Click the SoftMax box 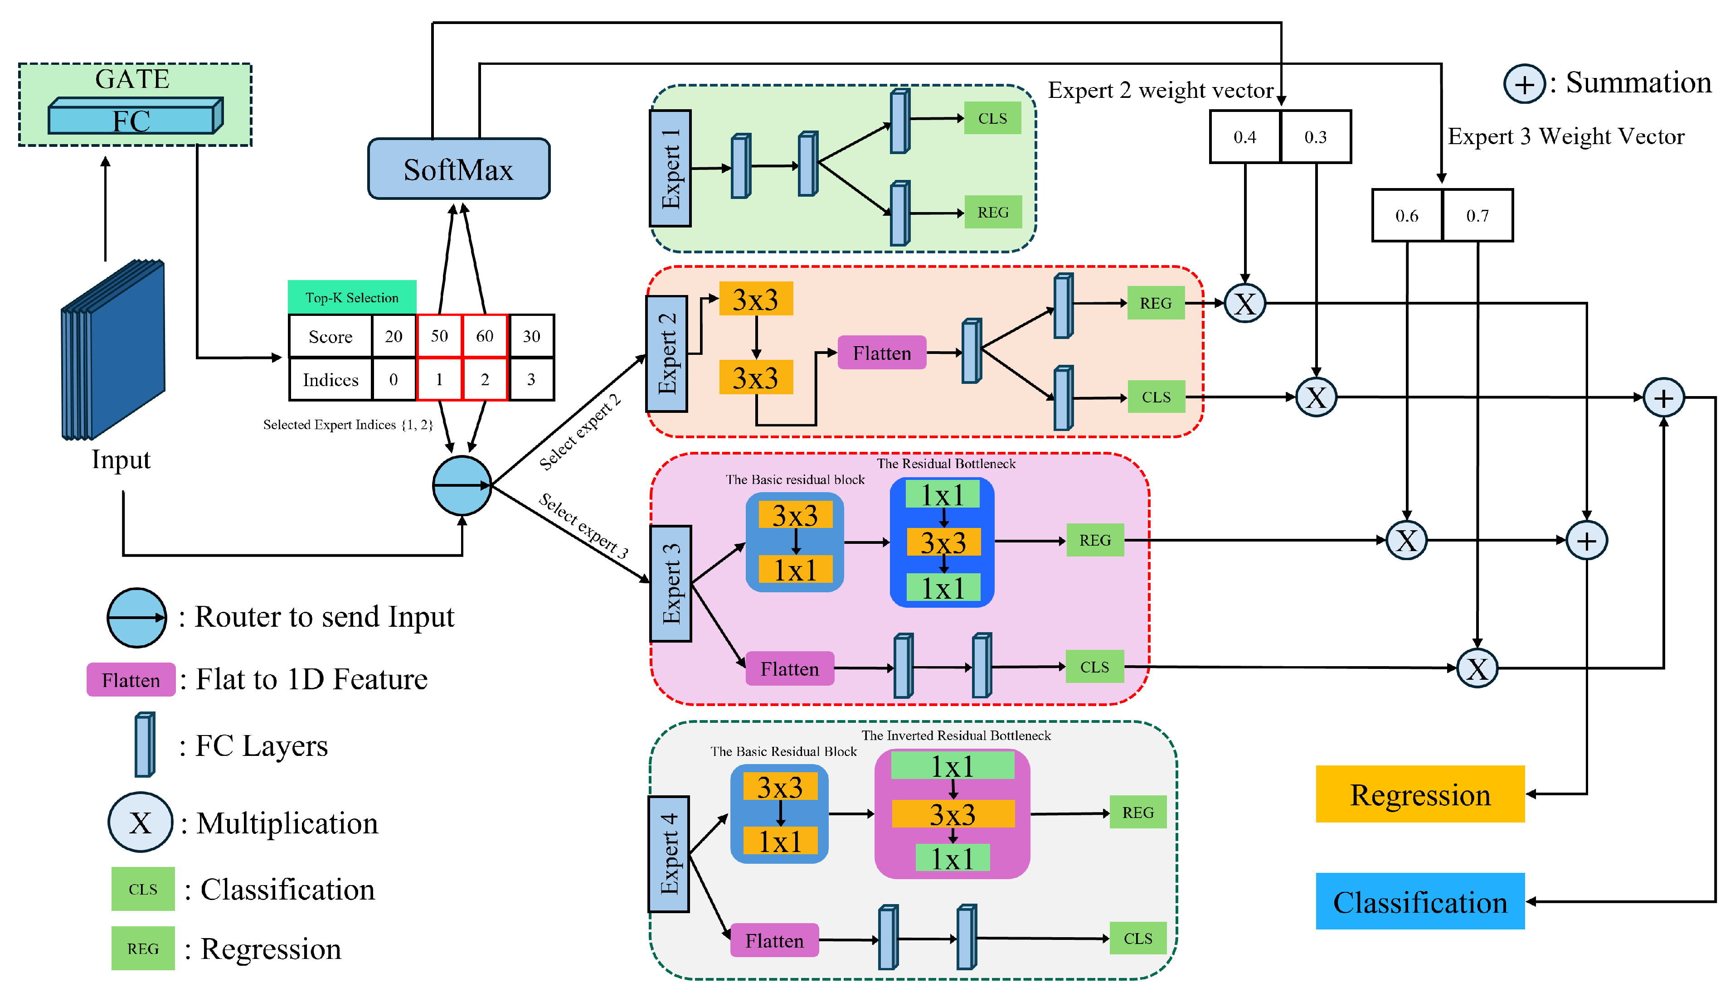(x=458, y=169)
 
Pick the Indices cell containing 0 (x=393, y=379)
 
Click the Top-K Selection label (x=351, y=297)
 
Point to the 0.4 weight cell (x=1244, y=137)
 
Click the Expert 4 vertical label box (x=669, y=854)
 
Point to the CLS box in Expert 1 (x=992, y=118)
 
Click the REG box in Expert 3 (x=1094, y=540)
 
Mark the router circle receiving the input (x=462, y=485)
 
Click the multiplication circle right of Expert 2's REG (x=1244, y=303)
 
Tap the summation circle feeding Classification (x=1662, y=397)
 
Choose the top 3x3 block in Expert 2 (x=755, y=299)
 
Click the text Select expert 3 (x=583, y=526)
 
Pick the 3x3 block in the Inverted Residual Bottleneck (x=952, y=814)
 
